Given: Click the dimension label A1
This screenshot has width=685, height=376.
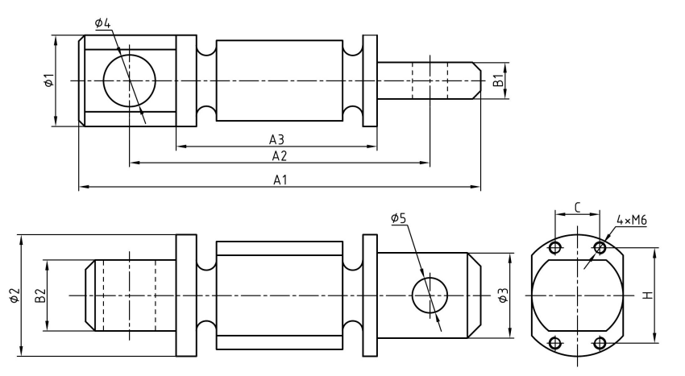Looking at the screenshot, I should pyautogui.click(x=280, y=181).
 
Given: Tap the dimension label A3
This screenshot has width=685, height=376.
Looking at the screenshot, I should pyautogui.click(x=276, y=138).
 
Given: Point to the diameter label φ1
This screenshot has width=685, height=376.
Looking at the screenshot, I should pyautogui.click(x=48, y=81).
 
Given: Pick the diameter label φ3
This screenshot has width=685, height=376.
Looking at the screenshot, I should pyautogui.click(x=503, y=295).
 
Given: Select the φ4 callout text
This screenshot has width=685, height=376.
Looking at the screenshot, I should pyautogui.click(x=102, y=22).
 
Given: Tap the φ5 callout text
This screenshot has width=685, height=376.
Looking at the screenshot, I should pyautogui.click(x=399, y=218).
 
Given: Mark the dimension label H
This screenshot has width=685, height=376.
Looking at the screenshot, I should pyautogui.click(x=646, y=295).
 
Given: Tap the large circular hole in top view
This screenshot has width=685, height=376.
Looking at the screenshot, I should pyautogui.click(x=129, y=81).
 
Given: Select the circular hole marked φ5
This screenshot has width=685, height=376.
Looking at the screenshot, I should pyautogui.click(x=430, y=295).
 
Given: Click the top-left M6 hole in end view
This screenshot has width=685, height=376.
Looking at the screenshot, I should pyautogui.click(x=554, y=247).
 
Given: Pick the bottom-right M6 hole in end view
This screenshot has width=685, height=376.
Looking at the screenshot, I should pyautogui.click(x=599, y=344).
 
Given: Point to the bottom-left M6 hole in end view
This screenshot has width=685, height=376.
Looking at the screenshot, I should pyautogui.click(x=554, y=344).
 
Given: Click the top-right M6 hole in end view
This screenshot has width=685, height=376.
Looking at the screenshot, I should pyautogui.click(x=599, y=247).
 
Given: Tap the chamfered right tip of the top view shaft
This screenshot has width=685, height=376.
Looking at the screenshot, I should pyautogui.click(x=476, y=81).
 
